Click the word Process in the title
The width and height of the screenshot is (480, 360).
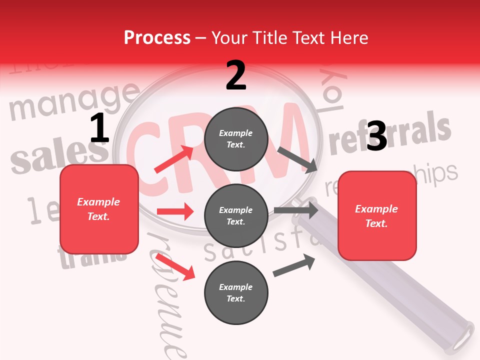[x=157, y=37]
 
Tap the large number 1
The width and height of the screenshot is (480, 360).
[x=99, y=128]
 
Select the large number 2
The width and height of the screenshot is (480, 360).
[x=236, y=75]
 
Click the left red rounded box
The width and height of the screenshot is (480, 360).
[x=99, y=209]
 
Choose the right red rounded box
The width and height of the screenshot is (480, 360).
[x=377, y=215]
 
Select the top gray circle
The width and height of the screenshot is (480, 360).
[x=236, y=139]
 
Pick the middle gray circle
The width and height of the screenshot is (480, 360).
[x=236, y=215]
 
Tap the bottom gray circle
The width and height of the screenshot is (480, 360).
[x=236, y=292]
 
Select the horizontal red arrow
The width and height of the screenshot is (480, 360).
[x=175, y=211]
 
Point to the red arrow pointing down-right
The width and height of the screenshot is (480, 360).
[x=175, y=266]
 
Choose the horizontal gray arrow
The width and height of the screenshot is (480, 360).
[x=296, y=210]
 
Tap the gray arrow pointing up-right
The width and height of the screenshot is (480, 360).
[x=294, y=265]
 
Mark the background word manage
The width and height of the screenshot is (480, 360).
[x=74, y=100]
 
